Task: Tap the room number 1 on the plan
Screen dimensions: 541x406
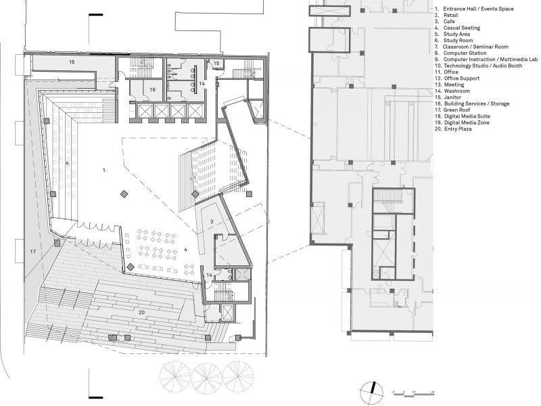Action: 104,171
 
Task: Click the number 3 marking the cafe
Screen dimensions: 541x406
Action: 212,222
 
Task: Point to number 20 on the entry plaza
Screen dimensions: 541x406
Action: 141,313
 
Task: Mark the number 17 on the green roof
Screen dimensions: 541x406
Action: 32,252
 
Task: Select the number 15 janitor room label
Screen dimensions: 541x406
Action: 216,63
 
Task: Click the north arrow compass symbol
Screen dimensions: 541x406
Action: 371,392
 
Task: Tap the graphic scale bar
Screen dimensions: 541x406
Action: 414,393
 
